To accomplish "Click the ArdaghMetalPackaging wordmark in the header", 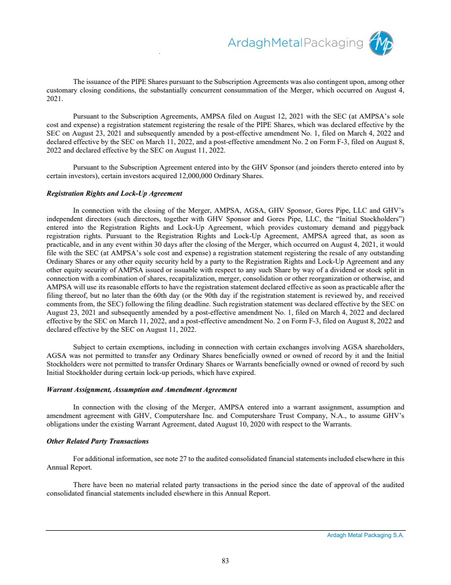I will [295, 43].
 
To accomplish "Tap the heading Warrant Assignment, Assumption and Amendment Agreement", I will [142, 390].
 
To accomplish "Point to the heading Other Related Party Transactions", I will [98, 441].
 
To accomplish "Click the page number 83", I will [225, 560].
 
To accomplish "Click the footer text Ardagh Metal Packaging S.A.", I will [365, 536].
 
